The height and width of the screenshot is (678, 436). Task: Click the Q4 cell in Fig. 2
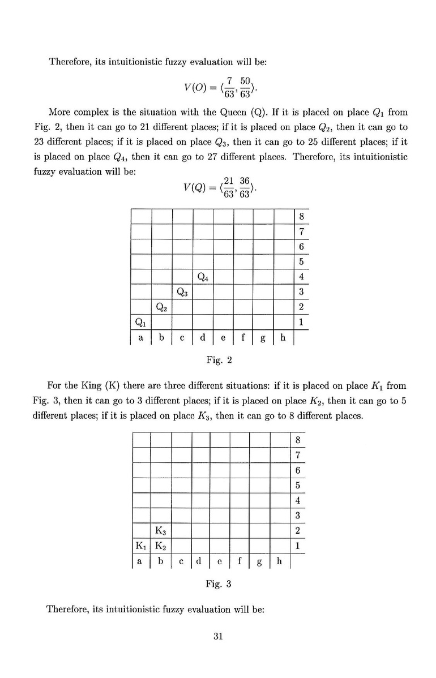click(203, 277)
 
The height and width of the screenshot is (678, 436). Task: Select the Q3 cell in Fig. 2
click(182, 292)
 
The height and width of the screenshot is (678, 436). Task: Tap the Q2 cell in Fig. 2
click(162, 307)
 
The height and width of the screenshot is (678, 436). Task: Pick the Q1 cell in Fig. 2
click(140, 322)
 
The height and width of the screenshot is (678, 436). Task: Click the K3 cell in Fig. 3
click(160, 531)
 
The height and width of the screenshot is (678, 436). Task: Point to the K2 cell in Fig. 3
click(160, 546)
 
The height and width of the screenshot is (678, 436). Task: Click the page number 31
click(218, 636)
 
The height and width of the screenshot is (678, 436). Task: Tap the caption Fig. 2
click(217, 359)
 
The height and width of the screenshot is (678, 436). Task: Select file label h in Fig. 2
click(283, 338)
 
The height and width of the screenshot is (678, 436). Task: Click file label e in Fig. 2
click(223, 338)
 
